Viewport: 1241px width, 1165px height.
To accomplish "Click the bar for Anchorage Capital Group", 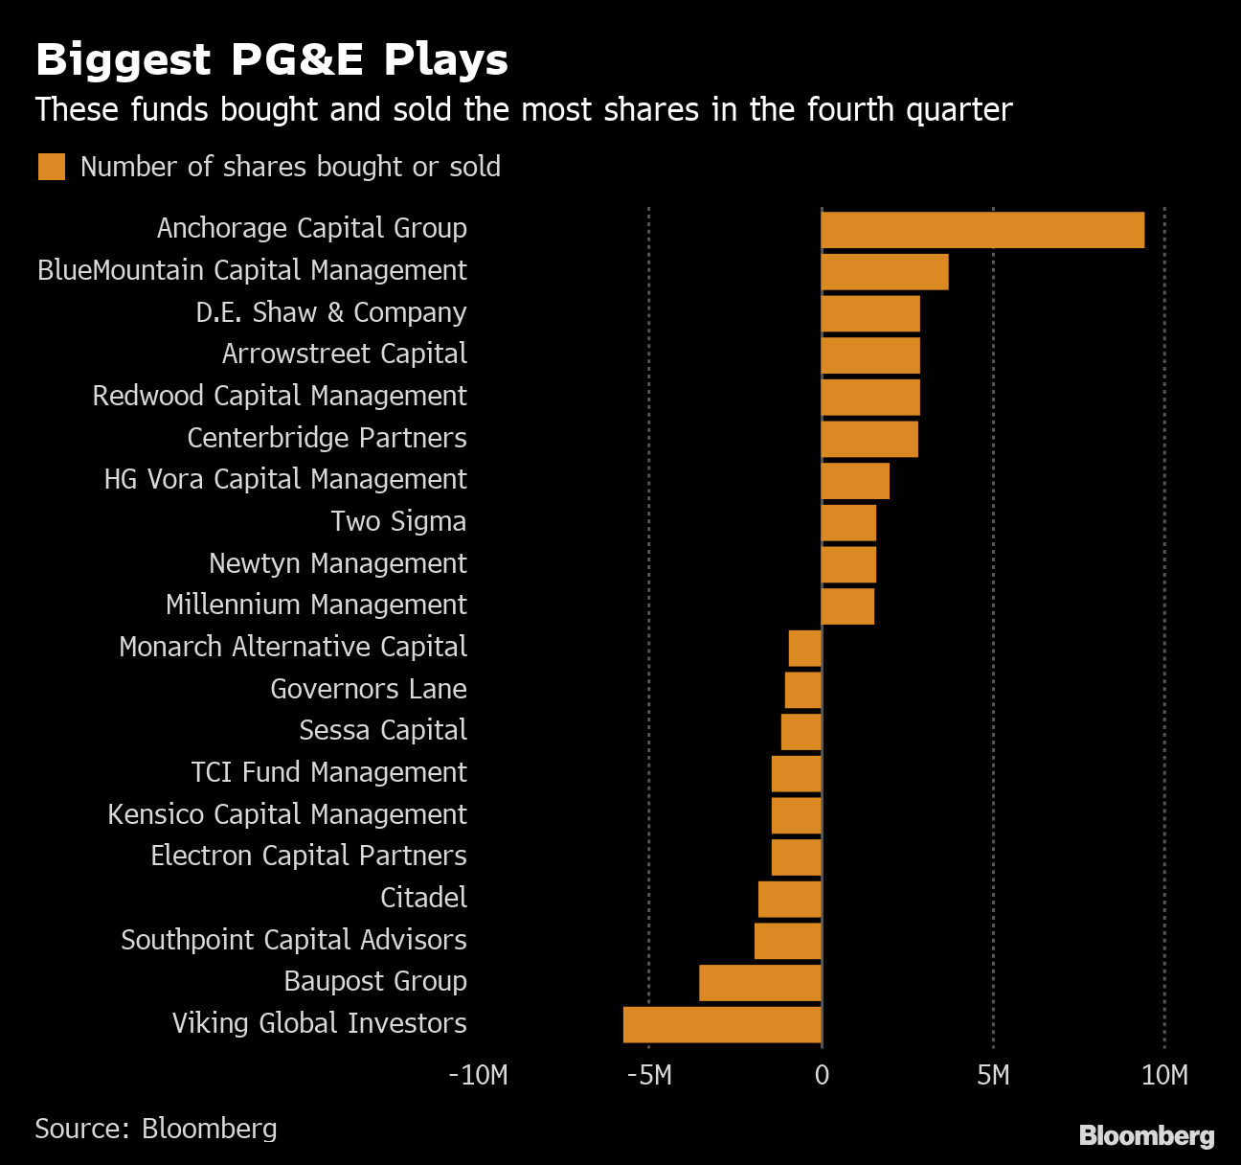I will [982, 230].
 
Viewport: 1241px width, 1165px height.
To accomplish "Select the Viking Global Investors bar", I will [722, 1024].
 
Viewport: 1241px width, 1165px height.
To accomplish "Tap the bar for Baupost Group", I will [760, 983].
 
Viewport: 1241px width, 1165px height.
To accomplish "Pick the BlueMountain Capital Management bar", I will [885, 272].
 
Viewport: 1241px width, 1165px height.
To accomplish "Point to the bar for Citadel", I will [790, 900].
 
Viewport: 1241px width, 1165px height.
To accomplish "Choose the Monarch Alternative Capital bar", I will [805, 649].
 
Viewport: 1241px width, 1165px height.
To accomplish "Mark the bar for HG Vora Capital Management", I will [855, 481].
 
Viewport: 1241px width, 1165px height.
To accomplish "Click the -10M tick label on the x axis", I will [478, 1075].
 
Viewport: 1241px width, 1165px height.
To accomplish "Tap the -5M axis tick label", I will [649, 1075].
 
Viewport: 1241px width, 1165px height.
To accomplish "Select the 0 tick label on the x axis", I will [822, 1075].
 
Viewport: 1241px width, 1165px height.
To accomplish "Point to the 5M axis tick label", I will [993, 1075].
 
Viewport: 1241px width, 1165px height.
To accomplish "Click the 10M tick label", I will [1164, 1075].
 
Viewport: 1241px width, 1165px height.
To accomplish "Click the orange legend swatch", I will [52, 167].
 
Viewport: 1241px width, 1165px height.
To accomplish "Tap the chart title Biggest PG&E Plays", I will [272, 59].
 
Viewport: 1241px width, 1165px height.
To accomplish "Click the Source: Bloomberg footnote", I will [156, 1129].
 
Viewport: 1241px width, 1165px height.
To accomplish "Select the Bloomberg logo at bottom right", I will [1146, 1136].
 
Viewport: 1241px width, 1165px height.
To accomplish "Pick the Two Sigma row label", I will [398, 521].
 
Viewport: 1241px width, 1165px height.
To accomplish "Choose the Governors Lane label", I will [369, 689].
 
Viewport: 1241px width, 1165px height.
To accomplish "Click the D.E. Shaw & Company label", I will [331, 312].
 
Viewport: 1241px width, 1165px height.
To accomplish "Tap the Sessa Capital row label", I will [383, 730].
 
